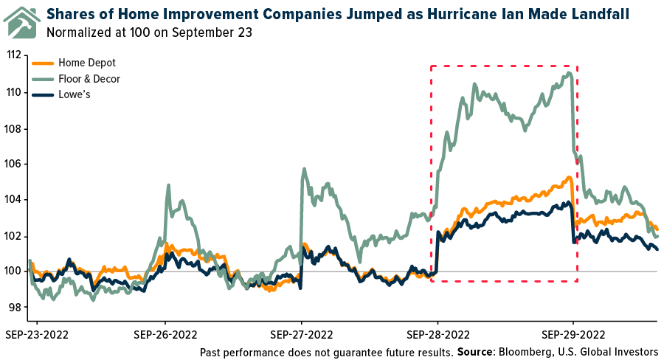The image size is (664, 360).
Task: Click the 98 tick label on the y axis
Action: click(x=14, y=308)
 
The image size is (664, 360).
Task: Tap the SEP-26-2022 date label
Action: click(x=165, y=333)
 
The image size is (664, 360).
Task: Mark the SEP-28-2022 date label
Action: click(x=438, y=333)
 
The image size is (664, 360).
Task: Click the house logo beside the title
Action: click(x=22, y=21)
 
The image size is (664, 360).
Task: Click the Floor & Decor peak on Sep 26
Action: click(x=168, y=185)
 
